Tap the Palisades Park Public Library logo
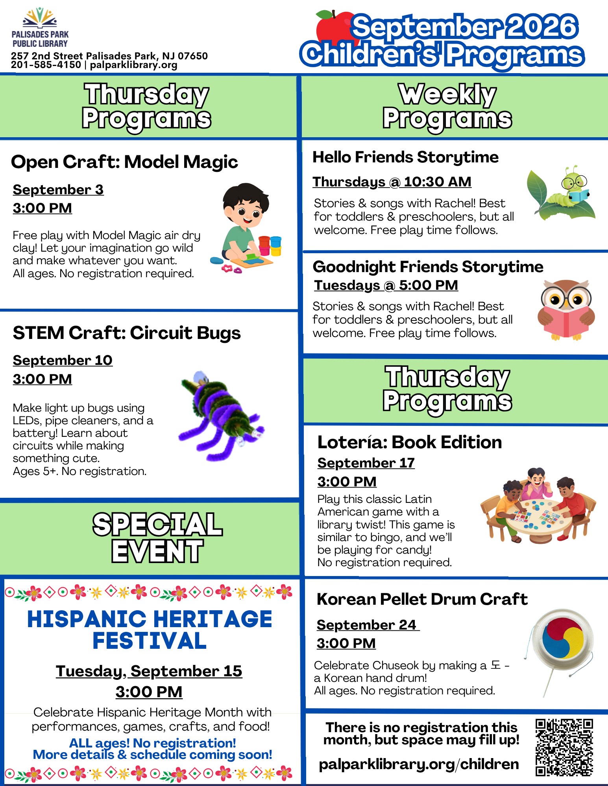(40, 28)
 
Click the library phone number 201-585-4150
(46, 65)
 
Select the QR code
(564, 747)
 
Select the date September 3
(58, 190)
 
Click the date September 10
(63, 360)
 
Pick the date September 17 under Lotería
(366, 463)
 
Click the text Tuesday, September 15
(149, 671)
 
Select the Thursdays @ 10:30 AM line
(392, 182)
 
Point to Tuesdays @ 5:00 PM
(386, 285)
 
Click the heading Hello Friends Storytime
(405, 157)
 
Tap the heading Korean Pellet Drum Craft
(422, 599)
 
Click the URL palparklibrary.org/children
(419, 764)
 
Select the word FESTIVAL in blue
(150, 641)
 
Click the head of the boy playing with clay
(246, 204)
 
